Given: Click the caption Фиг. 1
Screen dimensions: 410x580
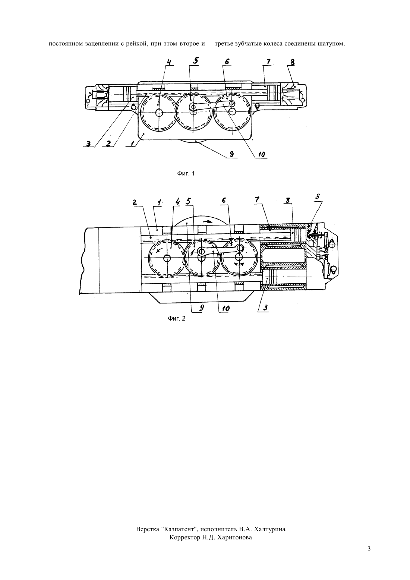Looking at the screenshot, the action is (186, 173).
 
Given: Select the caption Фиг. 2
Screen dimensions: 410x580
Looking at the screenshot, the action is (177, 318).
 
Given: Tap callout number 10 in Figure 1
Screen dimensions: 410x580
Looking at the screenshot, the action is (261, 154).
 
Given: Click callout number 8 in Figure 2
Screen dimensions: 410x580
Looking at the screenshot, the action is (318, 196).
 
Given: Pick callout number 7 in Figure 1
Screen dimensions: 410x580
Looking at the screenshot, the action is (268, 62).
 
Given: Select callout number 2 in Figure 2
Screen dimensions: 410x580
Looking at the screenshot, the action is (135, 202).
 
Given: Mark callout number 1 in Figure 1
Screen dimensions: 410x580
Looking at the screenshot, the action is (132, 143).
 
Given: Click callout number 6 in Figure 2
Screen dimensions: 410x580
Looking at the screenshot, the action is (224, 200).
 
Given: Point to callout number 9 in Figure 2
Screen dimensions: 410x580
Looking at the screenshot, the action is (202, 308).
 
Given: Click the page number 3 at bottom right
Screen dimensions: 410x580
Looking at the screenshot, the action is (369, 549).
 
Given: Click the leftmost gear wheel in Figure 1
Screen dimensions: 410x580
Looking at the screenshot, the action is (158, 112).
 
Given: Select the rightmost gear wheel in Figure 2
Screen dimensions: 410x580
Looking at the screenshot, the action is (240, 257).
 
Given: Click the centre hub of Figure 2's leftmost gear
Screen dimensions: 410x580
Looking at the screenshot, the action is (167, 258).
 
